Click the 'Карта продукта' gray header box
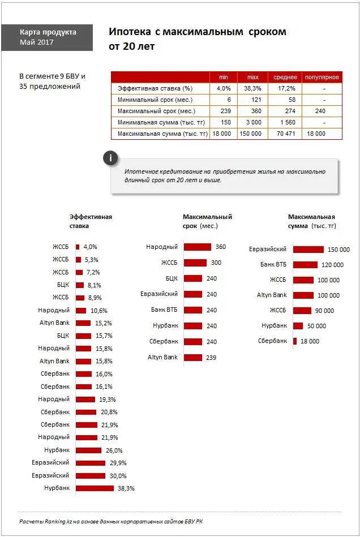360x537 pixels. coord(47,37)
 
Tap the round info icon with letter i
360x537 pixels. coord(111,158)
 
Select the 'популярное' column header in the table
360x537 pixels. coord(322,77)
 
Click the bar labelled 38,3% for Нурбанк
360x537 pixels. coord(95,488)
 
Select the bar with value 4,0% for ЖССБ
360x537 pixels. coord(78,247)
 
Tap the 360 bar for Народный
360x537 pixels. coord(197,247)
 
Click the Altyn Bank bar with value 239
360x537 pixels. coord(192,358)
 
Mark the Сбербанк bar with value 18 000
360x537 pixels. coord(294,341)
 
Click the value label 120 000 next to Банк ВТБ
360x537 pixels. coord(332,265)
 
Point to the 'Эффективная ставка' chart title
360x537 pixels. coord(91,221)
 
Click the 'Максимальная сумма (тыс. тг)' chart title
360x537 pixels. coord(312,221)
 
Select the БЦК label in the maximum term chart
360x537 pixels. coord(172,278)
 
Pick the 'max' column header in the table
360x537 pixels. coord(252,77)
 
